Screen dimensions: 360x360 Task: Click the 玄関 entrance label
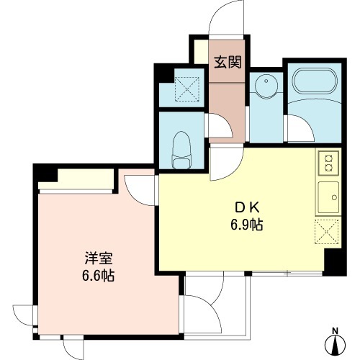point(228,62)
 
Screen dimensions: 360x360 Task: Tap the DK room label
point(247,207)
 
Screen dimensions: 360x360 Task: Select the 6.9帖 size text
point(247,225)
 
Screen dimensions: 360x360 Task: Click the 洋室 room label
point(99,258)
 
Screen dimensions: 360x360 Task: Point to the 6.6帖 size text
point(99,275)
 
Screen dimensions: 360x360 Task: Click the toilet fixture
point(181,150)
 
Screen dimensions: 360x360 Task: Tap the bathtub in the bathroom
point(315,81)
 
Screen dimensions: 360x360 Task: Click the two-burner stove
point(328,163)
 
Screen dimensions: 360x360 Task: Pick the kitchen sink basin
point(328,197)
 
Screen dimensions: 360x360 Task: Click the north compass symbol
point(336,345)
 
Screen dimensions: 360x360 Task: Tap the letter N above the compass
point(335,330)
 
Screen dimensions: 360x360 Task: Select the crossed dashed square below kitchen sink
point(327,232)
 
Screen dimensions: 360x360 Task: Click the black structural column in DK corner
point(335,262)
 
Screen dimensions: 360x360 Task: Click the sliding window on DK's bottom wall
point(287,273)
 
